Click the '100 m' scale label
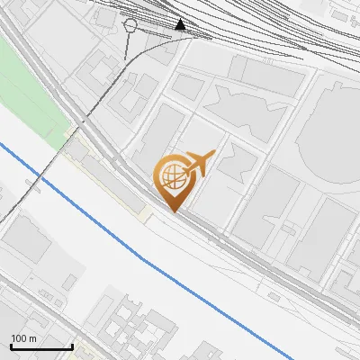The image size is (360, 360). [23, 338]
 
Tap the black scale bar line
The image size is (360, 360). [40, 346]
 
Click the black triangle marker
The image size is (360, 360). [182, 24]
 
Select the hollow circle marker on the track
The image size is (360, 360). [131, 25]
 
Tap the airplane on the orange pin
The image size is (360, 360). [201, 165]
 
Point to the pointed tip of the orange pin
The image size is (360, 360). [174, 211]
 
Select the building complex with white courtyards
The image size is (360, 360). [135, 328]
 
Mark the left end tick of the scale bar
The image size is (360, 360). [10, 345]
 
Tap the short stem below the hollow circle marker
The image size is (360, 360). [130, 39]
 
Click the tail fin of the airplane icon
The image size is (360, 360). [211, 154]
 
